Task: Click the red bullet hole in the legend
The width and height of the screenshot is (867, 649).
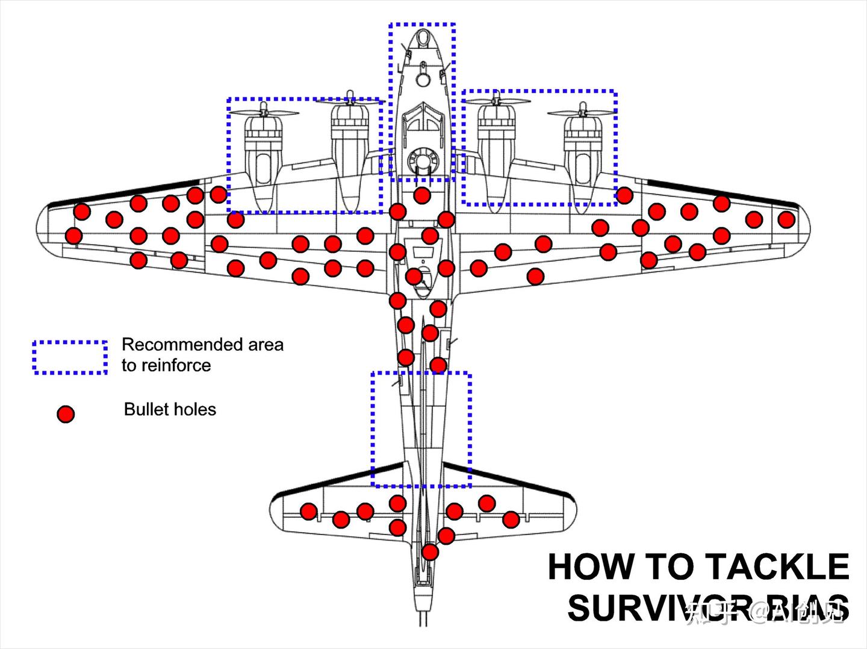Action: point(66,414)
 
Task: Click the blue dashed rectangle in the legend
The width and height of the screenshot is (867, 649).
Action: point(70,357)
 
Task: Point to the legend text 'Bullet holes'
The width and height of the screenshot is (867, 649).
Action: point(170,409)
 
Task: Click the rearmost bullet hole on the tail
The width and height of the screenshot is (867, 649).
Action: point(430,551)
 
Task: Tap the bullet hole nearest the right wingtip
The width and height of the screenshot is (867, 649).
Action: point(786,220)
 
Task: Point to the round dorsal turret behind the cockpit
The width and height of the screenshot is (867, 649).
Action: point(421,160)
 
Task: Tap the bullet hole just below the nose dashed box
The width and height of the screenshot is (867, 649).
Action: point(422,195)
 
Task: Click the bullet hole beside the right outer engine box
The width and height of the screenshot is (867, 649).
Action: point(624,195)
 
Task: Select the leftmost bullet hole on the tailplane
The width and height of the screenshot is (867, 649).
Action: point(308,511)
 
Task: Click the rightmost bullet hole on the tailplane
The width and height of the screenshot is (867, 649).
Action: point(511,519)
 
